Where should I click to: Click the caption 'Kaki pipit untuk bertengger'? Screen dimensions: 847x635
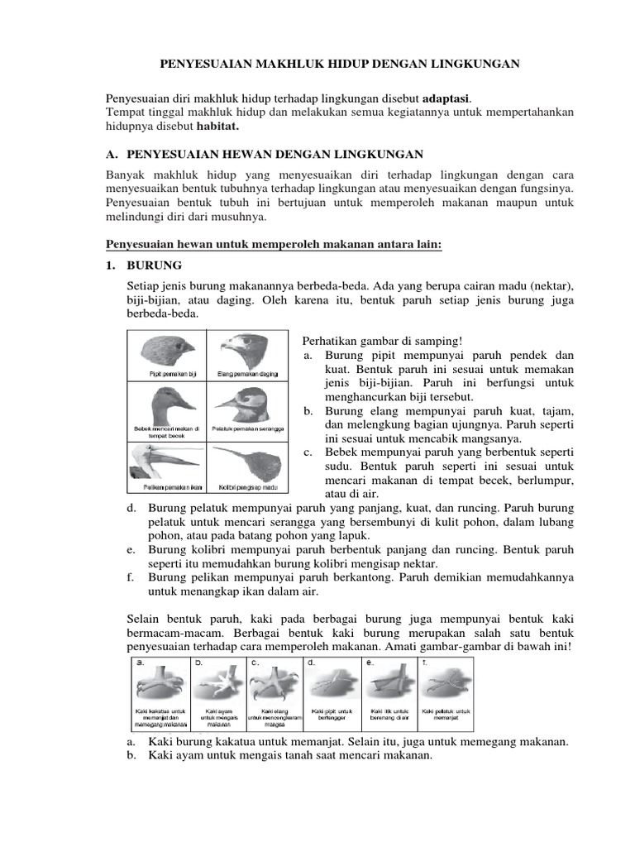tap(332, 715)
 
